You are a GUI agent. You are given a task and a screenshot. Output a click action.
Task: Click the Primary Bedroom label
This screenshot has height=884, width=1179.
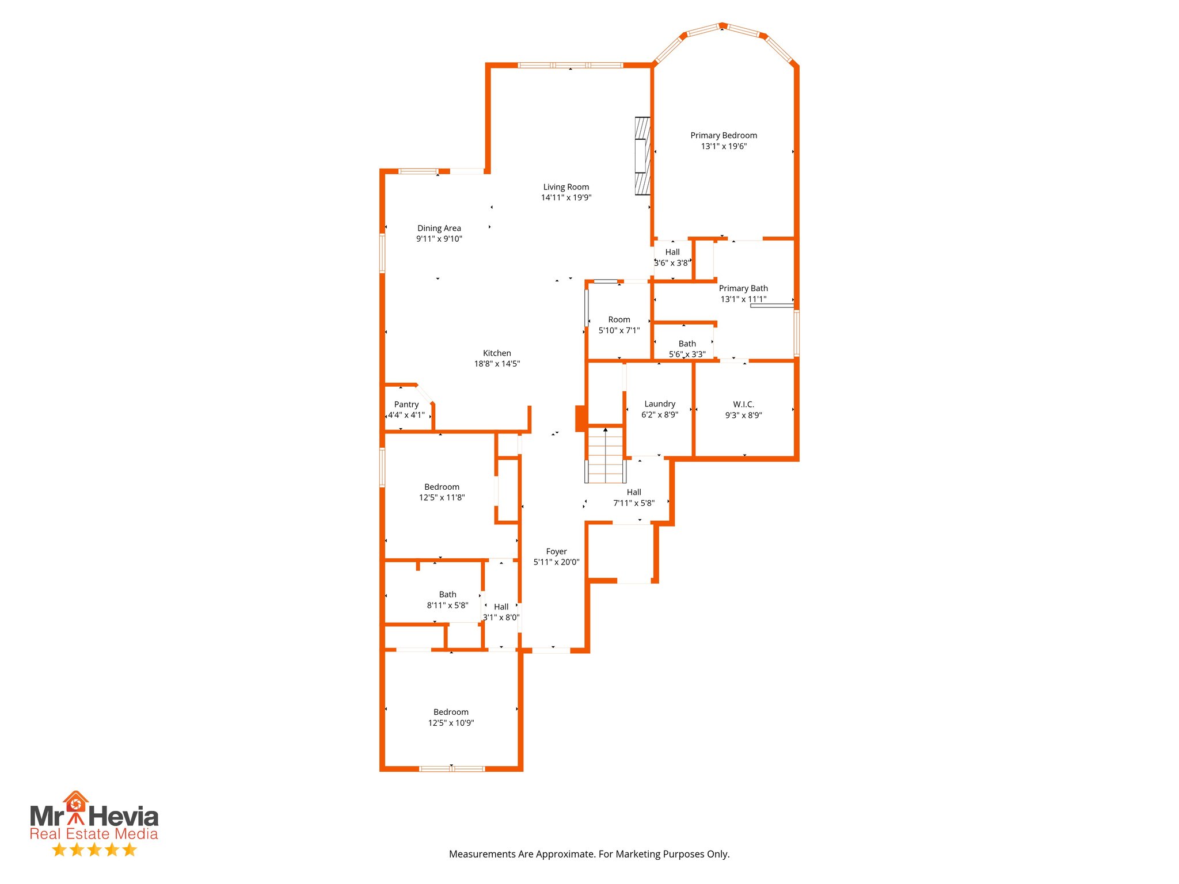click(x=724, y=135)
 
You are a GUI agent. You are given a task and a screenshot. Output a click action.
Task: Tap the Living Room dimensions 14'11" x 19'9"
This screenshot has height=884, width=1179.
click(x=566, y=197)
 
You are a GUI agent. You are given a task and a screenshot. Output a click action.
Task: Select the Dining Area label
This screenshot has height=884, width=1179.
click(x=439, y=228)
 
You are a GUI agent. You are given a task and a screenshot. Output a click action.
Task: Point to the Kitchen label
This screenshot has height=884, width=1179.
click(x=497, y=353)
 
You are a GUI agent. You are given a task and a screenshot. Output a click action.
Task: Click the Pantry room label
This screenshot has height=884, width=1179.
click(x=406, y=404)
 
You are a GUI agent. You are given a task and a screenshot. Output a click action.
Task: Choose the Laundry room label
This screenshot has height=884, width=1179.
click(x=660, y=403)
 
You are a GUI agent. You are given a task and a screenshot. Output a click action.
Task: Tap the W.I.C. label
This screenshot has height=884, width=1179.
click(x=743, y=404)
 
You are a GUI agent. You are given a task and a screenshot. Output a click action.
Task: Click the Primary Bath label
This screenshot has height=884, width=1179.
click(x=743, y=288)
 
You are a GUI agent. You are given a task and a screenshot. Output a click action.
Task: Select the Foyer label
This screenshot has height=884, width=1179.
click(x=556, y=551)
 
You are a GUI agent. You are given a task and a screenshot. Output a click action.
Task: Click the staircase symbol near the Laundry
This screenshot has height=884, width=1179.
click(x=605, y=455)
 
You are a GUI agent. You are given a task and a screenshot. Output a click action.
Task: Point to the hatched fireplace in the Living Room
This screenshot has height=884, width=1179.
click(x=642, y=156)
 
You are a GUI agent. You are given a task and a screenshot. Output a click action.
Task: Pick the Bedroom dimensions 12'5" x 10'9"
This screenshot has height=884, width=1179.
click(x=451, y=723)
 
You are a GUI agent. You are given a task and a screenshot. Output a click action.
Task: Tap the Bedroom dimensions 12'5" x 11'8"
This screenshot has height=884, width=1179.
click(x=442, y=497)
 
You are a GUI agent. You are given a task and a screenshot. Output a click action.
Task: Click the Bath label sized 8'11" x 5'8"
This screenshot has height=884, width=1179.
click(x=447, y=594)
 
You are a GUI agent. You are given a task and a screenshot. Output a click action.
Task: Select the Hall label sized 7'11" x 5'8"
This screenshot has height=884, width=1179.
click(x=634, y=492)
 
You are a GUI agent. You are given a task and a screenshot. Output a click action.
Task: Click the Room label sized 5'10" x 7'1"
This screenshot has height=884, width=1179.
click(x=619, y=319)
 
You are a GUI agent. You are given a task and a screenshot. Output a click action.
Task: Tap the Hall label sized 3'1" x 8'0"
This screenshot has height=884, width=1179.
click(x=501, y=607)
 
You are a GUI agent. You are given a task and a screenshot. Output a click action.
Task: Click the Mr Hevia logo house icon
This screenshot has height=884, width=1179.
click(x=75, y=802)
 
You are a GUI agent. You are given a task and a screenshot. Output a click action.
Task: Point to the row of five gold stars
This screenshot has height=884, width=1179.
click(x=94, y=849)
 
